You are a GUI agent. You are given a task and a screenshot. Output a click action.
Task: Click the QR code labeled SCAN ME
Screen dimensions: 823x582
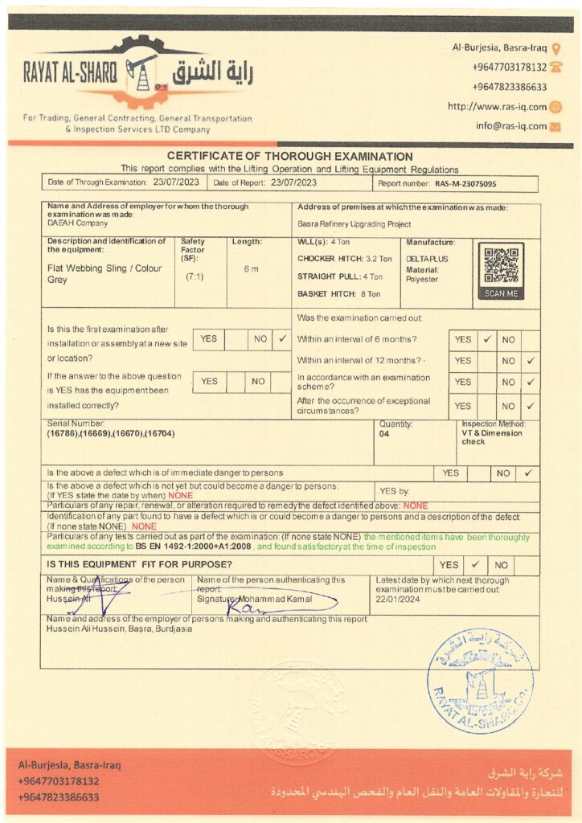click(501, 264)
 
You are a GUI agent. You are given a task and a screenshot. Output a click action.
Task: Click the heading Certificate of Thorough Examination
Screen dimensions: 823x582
click(290, 157)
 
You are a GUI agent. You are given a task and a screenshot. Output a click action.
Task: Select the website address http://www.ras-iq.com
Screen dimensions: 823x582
click(497, 106)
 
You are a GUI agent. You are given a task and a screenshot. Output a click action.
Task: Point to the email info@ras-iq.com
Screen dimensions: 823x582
click(510, 126)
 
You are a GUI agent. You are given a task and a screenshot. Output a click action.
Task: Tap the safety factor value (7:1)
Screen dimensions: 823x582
click(193, 276)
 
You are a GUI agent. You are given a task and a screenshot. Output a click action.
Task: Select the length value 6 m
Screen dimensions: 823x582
click(251, 268)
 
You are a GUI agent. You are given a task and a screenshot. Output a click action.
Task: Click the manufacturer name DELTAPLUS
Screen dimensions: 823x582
click(428, 259)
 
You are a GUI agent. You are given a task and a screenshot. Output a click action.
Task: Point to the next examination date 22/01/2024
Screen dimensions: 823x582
click(397, 599)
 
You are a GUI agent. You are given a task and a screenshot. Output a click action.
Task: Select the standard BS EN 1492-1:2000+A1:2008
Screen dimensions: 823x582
click(195, 545)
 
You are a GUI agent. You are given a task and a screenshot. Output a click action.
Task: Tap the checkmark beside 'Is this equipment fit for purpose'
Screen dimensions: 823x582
click(474, 565)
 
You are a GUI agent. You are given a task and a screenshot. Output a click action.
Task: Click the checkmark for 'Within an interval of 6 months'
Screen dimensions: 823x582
click(487, 340)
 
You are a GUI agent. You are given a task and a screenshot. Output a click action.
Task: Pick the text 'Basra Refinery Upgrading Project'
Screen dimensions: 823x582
click(354, 224)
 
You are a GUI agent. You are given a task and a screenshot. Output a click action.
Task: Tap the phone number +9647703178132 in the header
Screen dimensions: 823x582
click(509, 68)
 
